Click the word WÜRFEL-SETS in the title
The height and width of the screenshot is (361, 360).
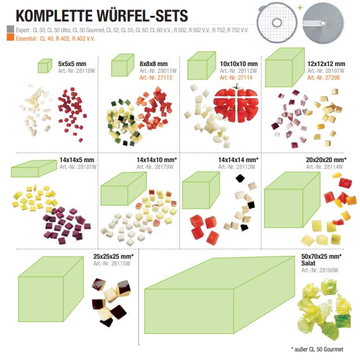click(142, 15)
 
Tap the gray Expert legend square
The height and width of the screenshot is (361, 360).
click(10, 29)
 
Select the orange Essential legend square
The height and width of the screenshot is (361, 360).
click(10, 37)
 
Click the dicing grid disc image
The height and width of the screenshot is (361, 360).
click(277, 23)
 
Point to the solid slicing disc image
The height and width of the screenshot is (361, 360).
click(323, 23)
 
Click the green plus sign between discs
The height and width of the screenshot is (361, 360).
click(300, 7)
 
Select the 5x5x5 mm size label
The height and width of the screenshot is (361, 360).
click(72, 64)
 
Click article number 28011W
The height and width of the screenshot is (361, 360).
click(158, 71)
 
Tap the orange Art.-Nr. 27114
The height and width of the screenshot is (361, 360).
click(236, 77)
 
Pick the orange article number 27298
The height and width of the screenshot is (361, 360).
click(323, 77)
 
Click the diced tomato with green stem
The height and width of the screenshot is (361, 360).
click(236, 104)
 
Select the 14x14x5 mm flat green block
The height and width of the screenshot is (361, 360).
click(34, 169)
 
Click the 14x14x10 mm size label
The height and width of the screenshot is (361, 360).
click(157, 160)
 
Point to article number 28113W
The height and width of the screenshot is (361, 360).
click(237, 167)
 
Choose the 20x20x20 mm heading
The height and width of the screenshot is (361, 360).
click(326, 160)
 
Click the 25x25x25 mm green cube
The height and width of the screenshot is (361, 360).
click(51, 289)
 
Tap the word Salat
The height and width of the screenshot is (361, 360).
click(308, 263)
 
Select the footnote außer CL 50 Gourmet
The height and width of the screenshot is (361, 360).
click(317, 349)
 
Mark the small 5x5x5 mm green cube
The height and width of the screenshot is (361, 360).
click(45, 66)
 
